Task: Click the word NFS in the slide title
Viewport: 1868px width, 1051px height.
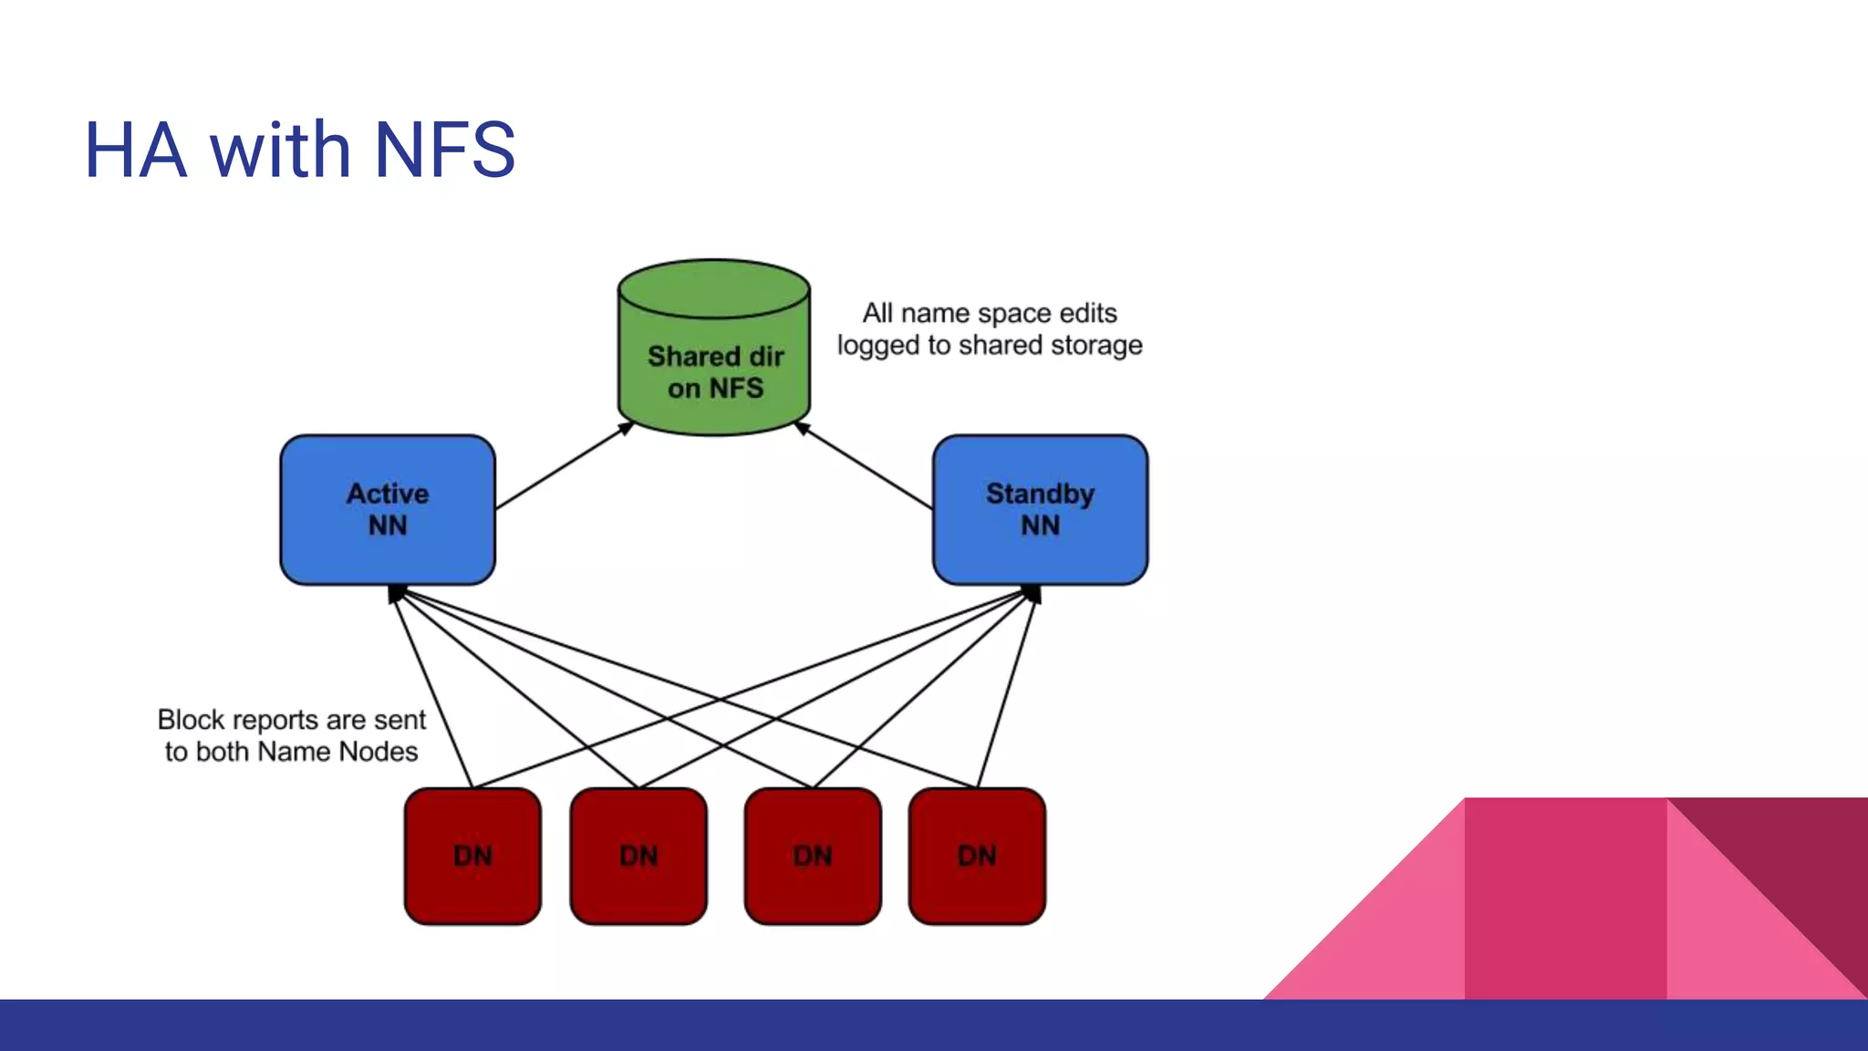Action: [x=444, y=150]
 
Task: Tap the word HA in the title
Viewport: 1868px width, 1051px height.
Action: [x=136, y=150]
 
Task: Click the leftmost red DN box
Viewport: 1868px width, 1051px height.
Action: [x=472, y=856]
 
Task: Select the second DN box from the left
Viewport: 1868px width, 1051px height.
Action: [x=638, y=856]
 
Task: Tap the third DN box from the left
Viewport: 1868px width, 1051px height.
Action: [x=813, y=856]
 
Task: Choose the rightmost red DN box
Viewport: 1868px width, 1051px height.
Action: [x=977, y=856]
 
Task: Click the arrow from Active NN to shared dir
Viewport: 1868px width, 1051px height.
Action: [x=564, y=465]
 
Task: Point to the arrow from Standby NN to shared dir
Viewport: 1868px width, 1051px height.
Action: [x=865, y=465]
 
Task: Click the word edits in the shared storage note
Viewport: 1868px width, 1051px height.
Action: [x=1088, y=313]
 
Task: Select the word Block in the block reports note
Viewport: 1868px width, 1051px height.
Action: [x=191, y=720]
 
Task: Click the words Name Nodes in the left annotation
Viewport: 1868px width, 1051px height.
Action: [x=337, y=752]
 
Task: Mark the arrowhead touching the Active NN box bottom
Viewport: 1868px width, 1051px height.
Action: [x=395, y=594]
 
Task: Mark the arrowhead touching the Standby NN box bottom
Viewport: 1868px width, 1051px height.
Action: [x=1032, y=594]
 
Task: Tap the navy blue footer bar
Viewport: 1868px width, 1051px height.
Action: [x=934, y=1025]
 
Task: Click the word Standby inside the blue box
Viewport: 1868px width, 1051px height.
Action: [x=1040, y=494]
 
